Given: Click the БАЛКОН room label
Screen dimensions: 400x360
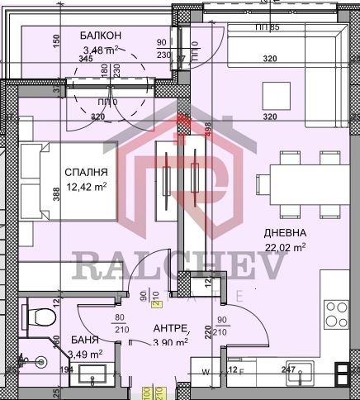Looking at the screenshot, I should (101, 36).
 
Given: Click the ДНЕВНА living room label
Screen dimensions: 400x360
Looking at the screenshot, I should (284, 233).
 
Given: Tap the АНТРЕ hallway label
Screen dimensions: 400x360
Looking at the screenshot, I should (170, 327).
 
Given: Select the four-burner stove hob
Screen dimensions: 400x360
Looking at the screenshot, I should (337, 314).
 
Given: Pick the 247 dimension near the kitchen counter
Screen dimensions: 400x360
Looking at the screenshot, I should (288, 370).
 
